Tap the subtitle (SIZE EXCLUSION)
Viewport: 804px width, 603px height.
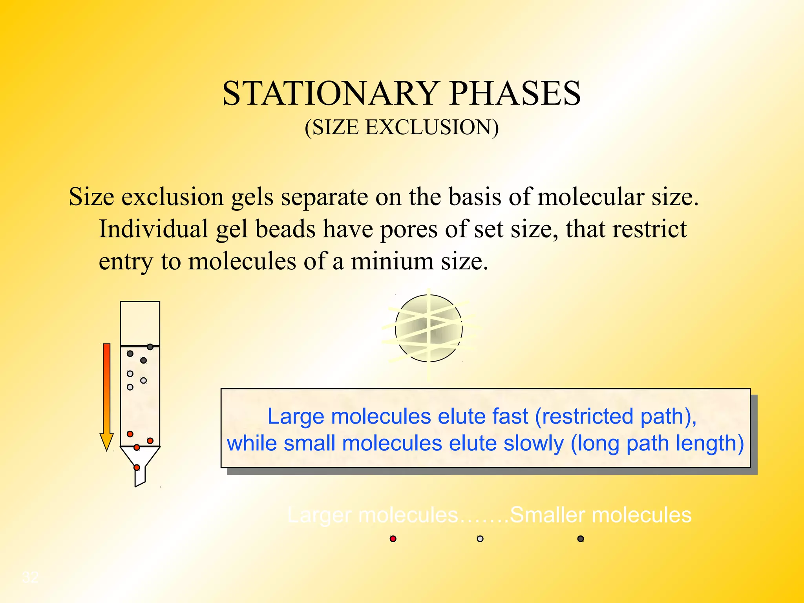click(x=402, y=128)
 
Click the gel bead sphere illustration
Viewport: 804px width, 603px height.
click(x=428, y=329)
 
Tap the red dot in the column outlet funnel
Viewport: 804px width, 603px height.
click(x=137, y=467)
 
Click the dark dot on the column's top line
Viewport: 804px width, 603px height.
click(x=150, y=347)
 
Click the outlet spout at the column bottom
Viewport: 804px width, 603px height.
click(x=140, y=477)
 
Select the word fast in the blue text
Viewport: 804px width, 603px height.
click(x=510, y=416)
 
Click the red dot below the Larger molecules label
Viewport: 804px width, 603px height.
click(x=393, y=539)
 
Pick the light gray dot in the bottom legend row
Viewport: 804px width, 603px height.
click(x=480, y=539)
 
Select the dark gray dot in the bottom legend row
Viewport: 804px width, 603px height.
click(x=581, y=539)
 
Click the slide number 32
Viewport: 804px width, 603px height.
click(x=31, y=577)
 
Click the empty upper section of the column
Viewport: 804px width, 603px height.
click(x=140, y=323)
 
